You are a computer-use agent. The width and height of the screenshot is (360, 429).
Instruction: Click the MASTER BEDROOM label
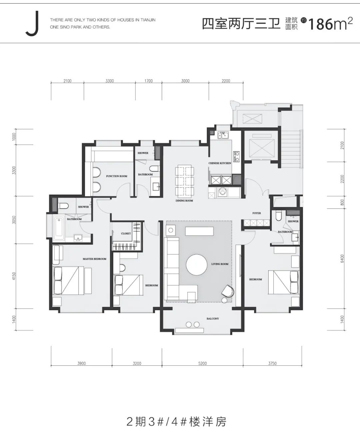[x=95, y=259]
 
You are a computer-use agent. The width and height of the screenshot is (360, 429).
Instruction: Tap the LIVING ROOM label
[x=220, y=264]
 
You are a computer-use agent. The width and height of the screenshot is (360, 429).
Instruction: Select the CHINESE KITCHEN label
[x=220, y=163]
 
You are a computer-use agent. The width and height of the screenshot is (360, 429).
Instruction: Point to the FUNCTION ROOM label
[x=117, y=176]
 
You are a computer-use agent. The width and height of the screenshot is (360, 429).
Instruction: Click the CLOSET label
[x=126, y=233]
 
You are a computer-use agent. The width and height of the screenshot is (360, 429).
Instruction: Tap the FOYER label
[x=257, y=213]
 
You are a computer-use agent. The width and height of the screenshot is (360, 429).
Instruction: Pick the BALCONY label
[x=213, y=318]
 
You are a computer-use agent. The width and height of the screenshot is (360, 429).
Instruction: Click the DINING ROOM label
[x=184, y=201]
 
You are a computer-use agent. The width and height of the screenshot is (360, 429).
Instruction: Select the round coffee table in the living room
[x=196, y=265]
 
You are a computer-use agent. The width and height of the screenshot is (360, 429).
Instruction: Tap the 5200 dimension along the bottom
[x=202, y=363]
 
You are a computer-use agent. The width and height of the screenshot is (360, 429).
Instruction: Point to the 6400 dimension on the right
[x=342, y=258]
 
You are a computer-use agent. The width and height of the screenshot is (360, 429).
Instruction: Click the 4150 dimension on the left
[x=14, y=276]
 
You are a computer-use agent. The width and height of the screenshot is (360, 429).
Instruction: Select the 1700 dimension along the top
[x=148, y=81]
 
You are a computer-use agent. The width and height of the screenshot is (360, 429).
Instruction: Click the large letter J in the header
[x=32, y=24]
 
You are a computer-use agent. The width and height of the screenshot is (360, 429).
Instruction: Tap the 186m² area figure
[x=330, y=24]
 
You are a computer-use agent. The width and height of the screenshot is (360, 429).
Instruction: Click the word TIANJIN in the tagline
[x=148, y=20]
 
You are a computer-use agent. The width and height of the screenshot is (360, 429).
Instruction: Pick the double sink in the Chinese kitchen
[x=223, y=135]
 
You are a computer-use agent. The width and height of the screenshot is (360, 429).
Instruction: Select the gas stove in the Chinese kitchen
[x=236, y=156]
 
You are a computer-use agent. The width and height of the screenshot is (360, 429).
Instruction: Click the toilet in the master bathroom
[x=63, y=206]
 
